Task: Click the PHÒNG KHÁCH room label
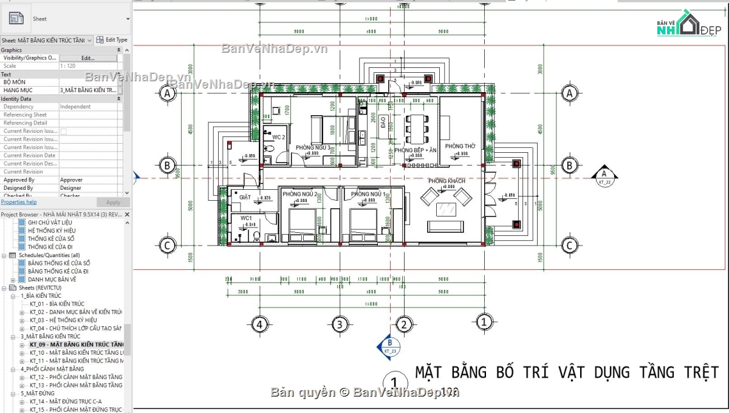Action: click(x=447, y=181)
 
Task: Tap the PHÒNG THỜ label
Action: click(x=460, y=147)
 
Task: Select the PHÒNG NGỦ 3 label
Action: click(x=313, y=148)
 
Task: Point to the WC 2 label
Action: click(x=278, y=138)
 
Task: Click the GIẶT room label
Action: click(x=245, y=198)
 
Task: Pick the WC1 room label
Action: click(x=246, y=218)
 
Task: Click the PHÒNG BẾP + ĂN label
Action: click(x=415, y=150)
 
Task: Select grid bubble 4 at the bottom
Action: click(x=259, y=324)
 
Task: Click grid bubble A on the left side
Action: click(x=167, y=93)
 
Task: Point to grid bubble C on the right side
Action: click(x=569, y=246)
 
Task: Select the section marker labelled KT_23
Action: click(x=389, y=345)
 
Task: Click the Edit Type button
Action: click(x=112, y=39)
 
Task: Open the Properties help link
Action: click(x=18, y=202)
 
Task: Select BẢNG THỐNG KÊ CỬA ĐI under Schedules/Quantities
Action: click(x=58, y=271)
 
